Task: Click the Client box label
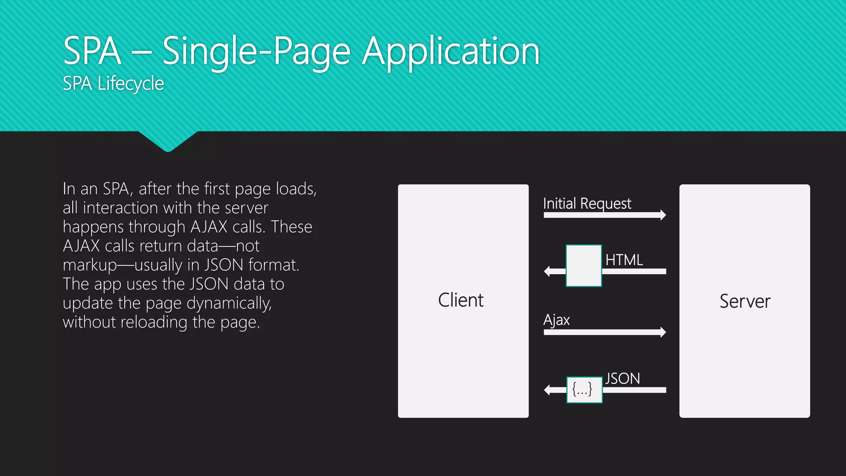[x=461, y=300]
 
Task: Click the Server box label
[x=745, y=301]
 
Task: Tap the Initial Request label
[x=587, y=204]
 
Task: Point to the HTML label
[x=624, y=260]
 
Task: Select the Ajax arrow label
[x=556, y=320]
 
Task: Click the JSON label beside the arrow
[x=623, y=378]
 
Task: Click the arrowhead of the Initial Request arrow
[x=663, y=215]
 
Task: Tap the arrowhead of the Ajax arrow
[x=663, y=332]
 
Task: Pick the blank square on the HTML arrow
[x=584, y=266]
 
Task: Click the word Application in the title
[x=451, y=52]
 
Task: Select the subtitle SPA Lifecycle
[x=113, y=83]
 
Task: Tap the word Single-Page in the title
[x=257, y=52]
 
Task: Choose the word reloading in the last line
[x=154, y=322]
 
